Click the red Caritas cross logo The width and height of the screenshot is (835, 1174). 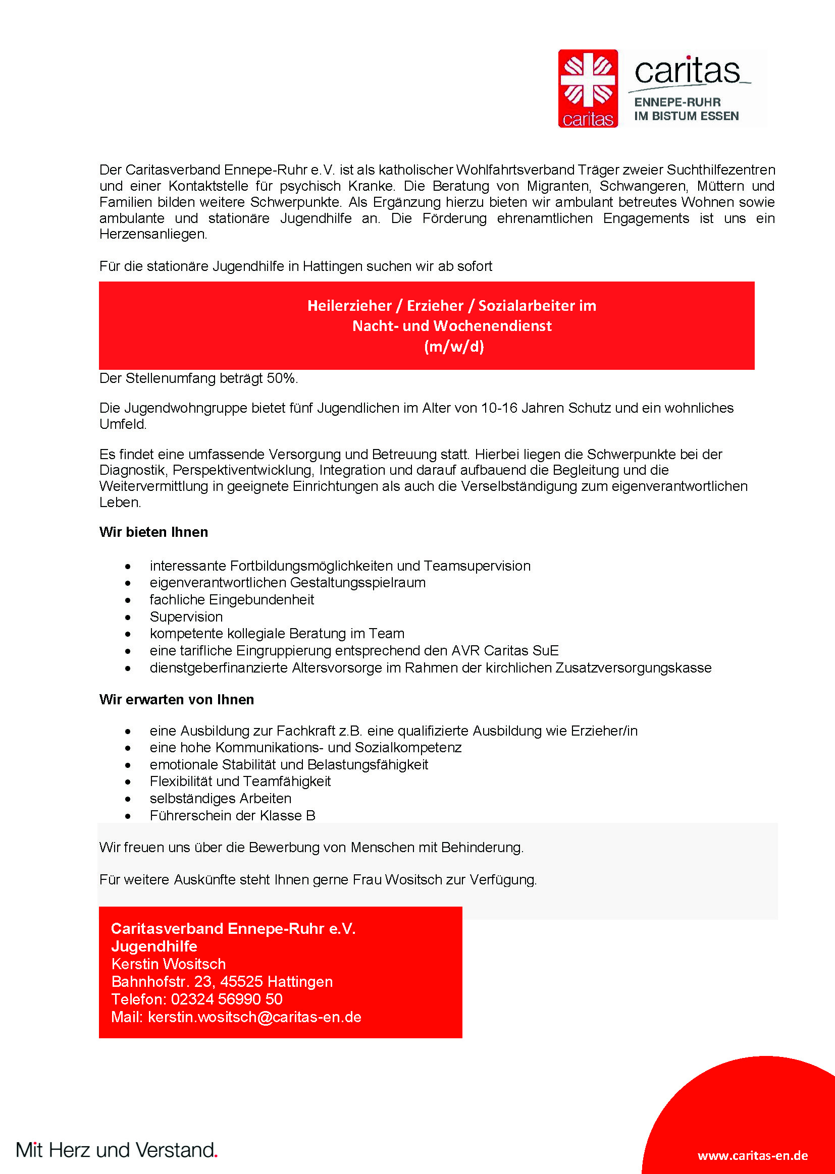[588, 88]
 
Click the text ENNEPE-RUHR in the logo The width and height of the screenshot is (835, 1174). [677, 102]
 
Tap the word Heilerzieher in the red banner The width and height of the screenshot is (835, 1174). [349, 306]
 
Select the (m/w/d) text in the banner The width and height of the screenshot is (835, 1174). [454, 347]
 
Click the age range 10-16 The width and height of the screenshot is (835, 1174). [499, 408]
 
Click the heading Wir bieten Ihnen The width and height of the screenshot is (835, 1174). [153, 532]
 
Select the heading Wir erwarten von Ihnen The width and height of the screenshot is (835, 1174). [176, 700]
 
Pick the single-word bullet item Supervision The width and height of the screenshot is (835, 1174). [186, 617]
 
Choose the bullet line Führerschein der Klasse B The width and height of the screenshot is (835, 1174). [232, 815]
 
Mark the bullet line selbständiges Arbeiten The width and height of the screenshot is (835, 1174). [220, 799]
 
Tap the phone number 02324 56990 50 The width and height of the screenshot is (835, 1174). [226, 999]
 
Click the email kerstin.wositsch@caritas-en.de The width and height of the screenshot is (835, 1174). [254, 1017]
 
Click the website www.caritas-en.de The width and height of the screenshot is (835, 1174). [752, 1155]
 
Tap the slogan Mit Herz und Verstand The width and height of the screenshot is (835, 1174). [116, 1150]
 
